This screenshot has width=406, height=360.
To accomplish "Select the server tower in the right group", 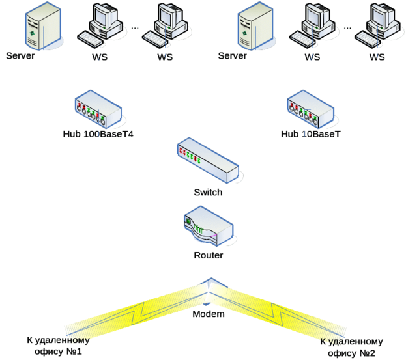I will tap(252, 25).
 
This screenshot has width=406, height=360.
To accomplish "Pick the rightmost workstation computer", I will tap(379, 25).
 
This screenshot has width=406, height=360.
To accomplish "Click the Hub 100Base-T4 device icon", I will tap(99, 112).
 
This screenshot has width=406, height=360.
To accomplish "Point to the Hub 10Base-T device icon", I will tap(311, 112).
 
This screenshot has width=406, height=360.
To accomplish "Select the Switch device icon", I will tap(207, 160).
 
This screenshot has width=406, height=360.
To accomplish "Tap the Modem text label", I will tap(208, 314).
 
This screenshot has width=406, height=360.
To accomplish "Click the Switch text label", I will tap(208, 193).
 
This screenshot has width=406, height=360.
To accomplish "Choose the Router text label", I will tap(208, 256).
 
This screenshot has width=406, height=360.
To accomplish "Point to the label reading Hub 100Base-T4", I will tap(102, 134).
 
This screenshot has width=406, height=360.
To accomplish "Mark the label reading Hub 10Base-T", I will tap(310, 134).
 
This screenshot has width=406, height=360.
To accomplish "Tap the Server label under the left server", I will tap(20, 56).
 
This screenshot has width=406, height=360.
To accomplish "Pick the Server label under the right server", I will tap(233, 56).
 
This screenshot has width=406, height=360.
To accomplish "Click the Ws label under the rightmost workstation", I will tap(377, 57).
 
